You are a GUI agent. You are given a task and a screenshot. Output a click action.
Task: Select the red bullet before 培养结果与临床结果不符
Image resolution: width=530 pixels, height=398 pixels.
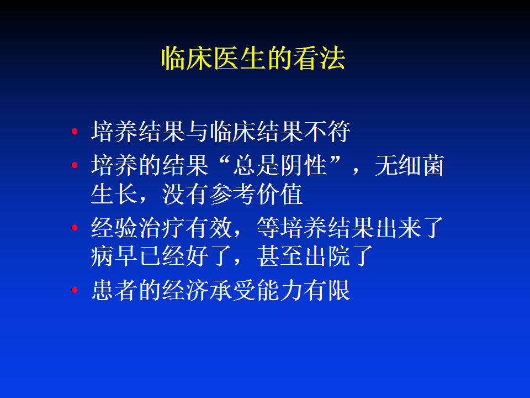pos(75,132)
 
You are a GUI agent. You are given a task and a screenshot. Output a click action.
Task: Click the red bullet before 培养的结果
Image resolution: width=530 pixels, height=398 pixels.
pos(75,165)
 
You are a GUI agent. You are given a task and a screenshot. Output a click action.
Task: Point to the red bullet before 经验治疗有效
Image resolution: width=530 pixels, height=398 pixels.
pos(75,227)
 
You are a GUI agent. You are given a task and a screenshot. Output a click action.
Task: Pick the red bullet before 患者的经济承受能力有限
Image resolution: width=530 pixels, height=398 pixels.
pos(75,290)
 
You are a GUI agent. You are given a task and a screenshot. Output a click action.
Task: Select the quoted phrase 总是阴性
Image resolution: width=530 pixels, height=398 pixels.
pos(280,165)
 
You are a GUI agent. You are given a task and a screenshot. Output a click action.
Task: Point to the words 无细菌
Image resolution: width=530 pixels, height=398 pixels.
pos(409,165)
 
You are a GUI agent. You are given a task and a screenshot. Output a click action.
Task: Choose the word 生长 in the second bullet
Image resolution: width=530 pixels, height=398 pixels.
pos(114,194)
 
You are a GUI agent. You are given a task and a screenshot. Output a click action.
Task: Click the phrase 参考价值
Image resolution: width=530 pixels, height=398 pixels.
pos(256,194)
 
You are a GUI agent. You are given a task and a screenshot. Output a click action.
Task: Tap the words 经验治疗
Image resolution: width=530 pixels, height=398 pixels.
pos(137,227)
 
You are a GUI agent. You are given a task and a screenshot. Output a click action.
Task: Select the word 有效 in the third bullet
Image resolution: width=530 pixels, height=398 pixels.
pos(209,227)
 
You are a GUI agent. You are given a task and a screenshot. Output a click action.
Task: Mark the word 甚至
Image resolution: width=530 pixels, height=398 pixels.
pos(280,256)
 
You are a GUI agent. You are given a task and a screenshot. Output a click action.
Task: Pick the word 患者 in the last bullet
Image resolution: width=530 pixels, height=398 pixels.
pos(114,290)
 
